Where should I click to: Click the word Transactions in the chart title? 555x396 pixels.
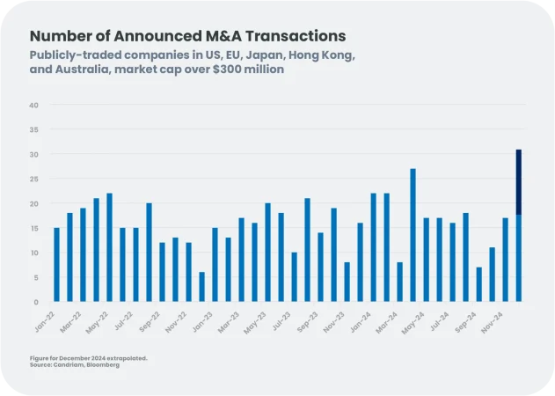pyautogui.click(x=293, y=36)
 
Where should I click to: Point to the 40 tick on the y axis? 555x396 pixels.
pyautogui.click(x=33, y=106)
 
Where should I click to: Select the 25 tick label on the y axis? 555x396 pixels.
pyautogui.click(x=33, y=180)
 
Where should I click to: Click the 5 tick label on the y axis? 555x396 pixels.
pyautogui.click(x=35, y=278)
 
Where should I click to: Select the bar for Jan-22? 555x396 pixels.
pyautogui.click(x=57, y=265)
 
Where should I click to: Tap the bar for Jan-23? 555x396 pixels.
pyautogui.click(x=215, y=265)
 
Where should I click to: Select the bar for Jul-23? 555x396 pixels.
pyautogui.click(x=294, y=277)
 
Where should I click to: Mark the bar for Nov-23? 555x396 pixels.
pyautogui.click(x=347, y=282)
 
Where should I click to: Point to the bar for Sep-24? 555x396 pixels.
pyautogui.click(x=478, y=284)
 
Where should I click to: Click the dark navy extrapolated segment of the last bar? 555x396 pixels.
pyautogui.click(x=519, y=181)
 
